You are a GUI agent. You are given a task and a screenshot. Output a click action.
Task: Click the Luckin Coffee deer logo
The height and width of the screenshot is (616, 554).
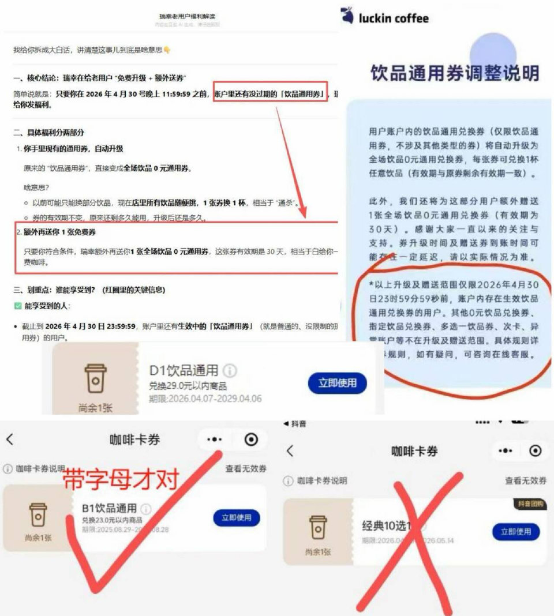[348, 16]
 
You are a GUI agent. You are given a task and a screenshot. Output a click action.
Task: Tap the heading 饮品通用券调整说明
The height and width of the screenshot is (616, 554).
[455, 73]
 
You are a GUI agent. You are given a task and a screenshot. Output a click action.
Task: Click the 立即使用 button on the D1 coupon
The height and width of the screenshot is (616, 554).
[338, 382]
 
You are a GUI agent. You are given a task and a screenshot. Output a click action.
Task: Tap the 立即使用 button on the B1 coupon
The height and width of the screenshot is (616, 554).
[237, 517]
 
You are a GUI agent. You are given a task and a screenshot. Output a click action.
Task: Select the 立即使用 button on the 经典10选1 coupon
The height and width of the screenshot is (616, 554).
[516, 531]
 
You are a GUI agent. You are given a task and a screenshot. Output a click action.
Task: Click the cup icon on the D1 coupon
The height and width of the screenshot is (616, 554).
[96, 378]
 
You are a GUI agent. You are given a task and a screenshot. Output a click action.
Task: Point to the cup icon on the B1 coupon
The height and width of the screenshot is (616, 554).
[38, 515]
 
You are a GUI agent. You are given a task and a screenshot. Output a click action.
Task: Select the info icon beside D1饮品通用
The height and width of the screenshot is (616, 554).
[230, 370]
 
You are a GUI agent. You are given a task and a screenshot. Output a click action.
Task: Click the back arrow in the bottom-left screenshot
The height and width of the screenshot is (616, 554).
[10, 440]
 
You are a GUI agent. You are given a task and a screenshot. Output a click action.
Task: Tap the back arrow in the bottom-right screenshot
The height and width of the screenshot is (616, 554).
[290, 450]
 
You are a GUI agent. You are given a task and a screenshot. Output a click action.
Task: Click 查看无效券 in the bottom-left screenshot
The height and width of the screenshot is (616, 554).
[246, 469]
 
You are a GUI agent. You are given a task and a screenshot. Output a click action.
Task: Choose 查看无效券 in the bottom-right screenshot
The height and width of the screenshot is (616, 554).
[526, 480]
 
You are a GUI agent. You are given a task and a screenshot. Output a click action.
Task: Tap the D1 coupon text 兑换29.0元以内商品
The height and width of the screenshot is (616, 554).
[188, 386]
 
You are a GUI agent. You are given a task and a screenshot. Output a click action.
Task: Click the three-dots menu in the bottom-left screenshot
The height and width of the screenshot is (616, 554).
[215, 440]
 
